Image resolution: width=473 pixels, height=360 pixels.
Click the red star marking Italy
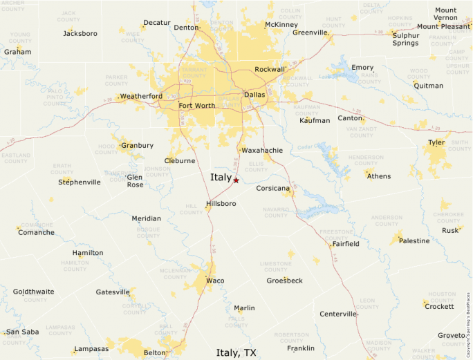[236, 180]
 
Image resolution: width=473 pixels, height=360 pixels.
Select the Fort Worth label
[196, 106]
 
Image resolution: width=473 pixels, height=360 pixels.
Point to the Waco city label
[215, 281]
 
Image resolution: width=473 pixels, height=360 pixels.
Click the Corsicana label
[272, 188]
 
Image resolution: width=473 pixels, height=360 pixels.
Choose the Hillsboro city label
[221, 204]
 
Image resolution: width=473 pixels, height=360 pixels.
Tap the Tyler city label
[436, 142]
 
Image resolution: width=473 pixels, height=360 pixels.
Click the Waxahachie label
[263, 150]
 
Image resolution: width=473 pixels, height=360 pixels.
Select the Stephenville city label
[80, 182]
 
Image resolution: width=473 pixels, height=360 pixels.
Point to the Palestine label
[414, 241]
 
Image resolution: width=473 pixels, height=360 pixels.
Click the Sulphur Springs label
[405, 39]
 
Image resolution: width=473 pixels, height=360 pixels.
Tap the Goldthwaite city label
[33, 292]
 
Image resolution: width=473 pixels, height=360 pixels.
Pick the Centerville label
[338, 314]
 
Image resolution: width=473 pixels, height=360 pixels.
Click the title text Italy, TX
[236, 352]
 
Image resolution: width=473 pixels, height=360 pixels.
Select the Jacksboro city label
[80, 33]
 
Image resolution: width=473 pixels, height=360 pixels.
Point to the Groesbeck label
[285, 281]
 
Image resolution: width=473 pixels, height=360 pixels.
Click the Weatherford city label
[141, 96]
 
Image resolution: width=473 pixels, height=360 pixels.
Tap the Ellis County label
[257, 166]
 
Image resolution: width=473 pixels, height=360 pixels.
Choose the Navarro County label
[276, 211]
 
